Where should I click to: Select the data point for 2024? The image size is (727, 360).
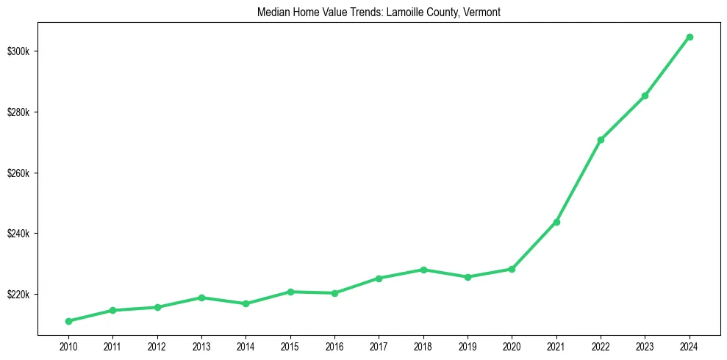tap(690, 37)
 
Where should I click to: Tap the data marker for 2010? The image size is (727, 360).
tap(68, 321)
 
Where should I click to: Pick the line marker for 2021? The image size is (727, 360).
tap(556, 222)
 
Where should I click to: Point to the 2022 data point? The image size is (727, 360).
tap(601, 140)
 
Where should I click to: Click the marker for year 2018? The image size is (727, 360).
tap(423, 270)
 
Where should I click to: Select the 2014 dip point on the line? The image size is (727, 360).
tap(246, 303)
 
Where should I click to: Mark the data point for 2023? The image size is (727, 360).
tap(645, 96)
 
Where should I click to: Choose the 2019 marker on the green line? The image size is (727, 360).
tap(468, 277)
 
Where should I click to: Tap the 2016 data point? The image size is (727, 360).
tap(334, 293)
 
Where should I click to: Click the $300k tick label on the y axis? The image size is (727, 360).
tap(19, 51)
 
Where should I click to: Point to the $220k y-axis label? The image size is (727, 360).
tap(19, 295)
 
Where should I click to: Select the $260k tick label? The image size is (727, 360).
tap(19, 173)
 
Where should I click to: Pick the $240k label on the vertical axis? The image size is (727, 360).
tap(19, 234)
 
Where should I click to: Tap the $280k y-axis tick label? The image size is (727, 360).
tap(19, 112)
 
